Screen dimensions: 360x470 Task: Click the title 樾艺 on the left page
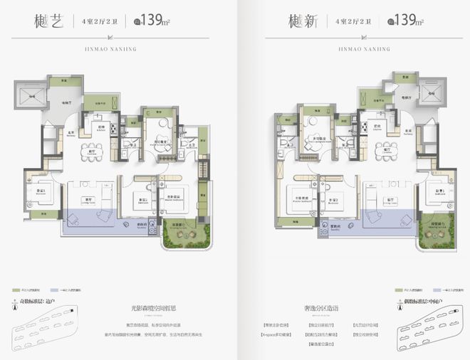pos(48,21)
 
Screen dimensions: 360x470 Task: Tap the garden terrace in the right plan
pos(434,235)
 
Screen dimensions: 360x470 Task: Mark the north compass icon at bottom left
pos(16,308)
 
